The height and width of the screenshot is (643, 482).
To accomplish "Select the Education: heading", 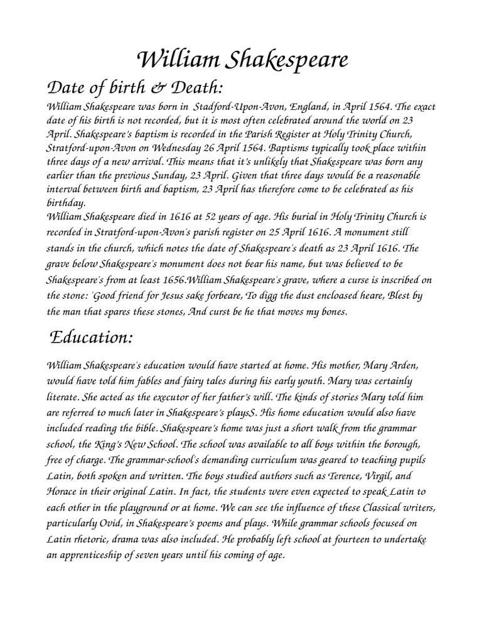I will pos(92,337).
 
